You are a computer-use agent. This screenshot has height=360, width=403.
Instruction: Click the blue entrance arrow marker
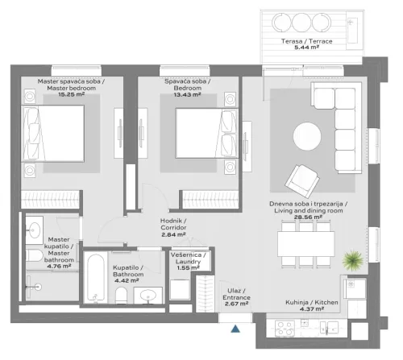pyautogui.click(x=235, y=329)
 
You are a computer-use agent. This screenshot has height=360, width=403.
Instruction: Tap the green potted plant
pyautogui.click(x=351, y=262)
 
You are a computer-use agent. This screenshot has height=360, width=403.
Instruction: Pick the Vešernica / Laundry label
pyautogui.click(x=189, y=258)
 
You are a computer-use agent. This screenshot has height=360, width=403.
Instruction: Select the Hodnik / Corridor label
pyautogui.click(x=173, y=224)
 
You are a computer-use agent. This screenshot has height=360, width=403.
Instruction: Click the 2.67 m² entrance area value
pyautogui.click(x=238, y=305)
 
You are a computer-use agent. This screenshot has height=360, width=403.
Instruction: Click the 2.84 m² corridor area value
pyautogui.click(x=173, y=235)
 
